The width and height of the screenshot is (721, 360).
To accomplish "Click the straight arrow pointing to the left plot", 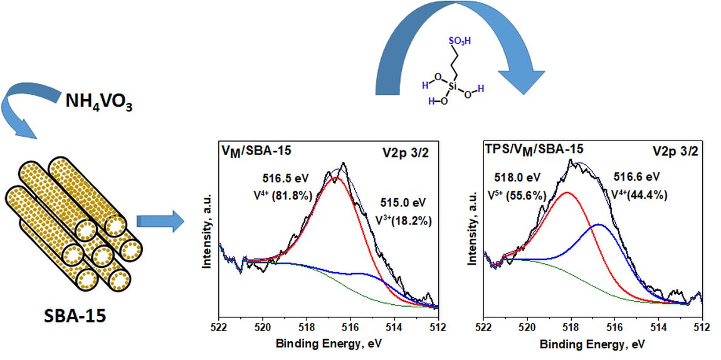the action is [x=161, y=222].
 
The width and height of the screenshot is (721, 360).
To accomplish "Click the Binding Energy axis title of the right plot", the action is [x=592, y=344].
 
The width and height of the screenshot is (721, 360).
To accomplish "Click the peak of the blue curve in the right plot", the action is [x=599, y=225].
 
